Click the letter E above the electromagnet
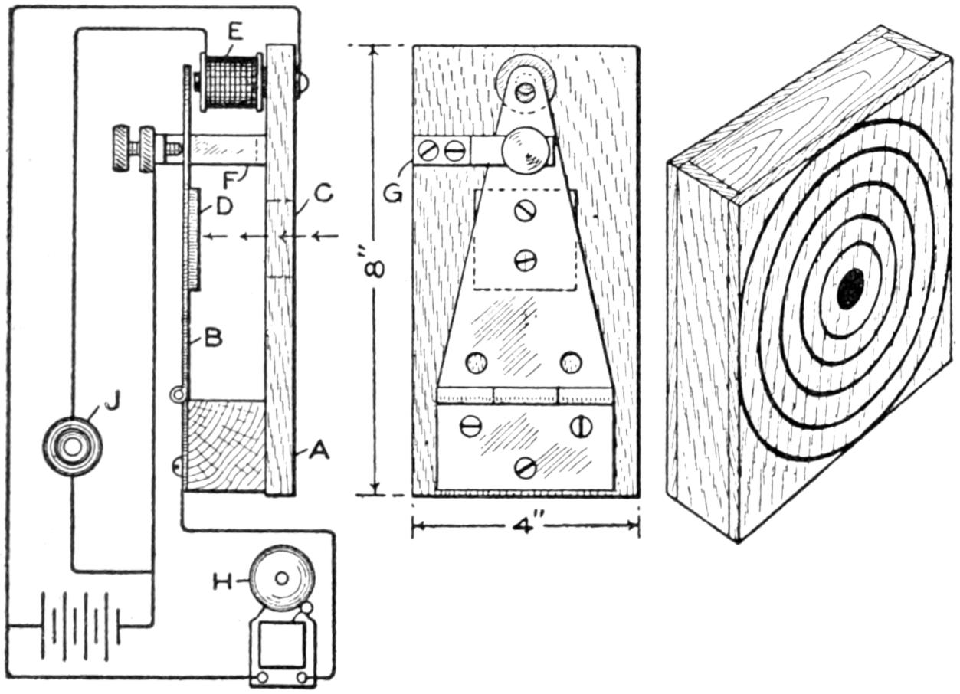235,33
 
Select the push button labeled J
72,447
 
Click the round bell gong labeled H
283,578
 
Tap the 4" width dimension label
525,527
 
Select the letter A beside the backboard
319,453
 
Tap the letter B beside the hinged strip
213,338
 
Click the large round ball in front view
527,149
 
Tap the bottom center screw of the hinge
526,466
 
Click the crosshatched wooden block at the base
226,444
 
